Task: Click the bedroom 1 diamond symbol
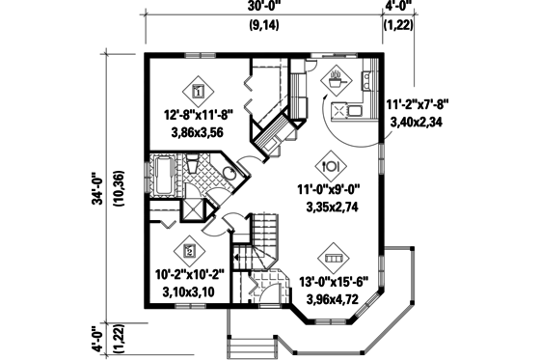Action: [x=197, y=93]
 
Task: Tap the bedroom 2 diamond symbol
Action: [x=190, y=251]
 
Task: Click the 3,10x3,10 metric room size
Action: [x=190, y=290]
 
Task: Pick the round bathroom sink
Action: [x=229, y=173]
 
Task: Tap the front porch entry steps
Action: [x=256, y=340]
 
